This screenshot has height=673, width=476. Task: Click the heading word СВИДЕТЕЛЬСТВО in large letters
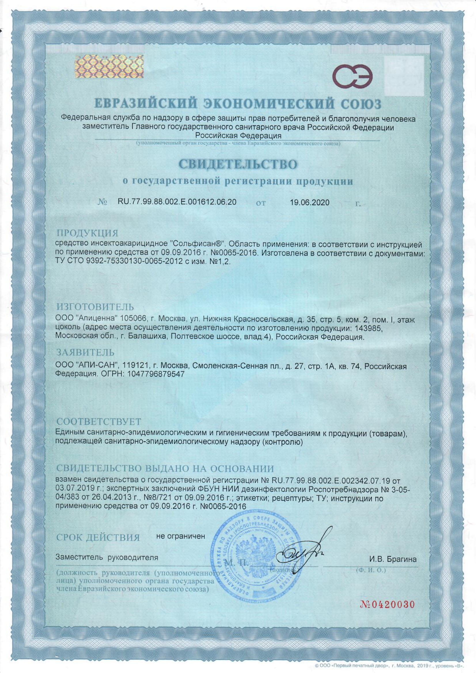click(x=238, y=165)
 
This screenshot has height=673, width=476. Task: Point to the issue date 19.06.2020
click(x=310, y=202)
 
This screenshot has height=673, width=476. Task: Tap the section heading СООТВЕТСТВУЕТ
click(x=98, y=422)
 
